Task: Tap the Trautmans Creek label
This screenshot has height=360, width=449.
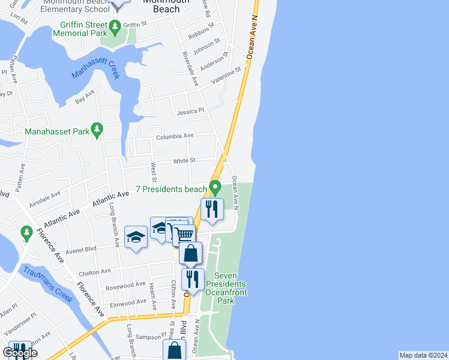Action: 48,284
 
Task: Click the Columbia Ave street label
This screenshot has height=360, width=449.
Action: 175,136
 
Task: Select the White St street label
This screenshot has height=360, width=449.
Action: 184,161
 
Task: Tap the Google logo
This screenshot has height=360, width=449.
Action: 20,353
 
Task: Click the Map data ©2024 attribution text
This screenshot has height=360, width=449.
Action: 423,355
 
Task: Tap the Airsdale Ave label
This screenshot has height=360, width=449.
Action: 44,198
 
